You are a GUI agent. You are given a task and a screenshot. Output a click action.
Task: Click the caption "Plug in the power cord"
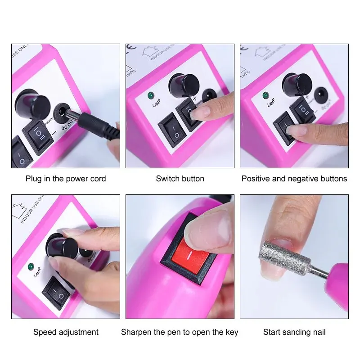[x=66, y=179]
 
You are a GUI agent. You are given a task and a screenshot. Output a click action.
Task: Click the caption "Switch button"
[x=180, y=179]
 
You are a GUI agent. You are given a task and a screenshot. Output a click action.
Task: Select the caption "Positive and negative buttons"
[x=294, y=179]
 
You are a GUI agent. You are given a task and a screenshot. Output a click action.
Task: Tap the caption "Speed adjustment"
[x=66, y=333]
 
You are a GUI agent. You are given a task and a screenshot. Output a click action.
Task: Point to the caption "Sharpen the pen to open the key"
[x=180, y=333]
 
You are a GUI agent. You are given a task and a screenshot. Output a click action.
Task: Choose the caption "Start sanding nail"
[x=294, y=333]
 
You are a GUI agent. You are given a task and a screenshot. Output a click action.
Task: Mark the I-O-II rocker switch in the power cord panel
[x=37, y=135]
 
